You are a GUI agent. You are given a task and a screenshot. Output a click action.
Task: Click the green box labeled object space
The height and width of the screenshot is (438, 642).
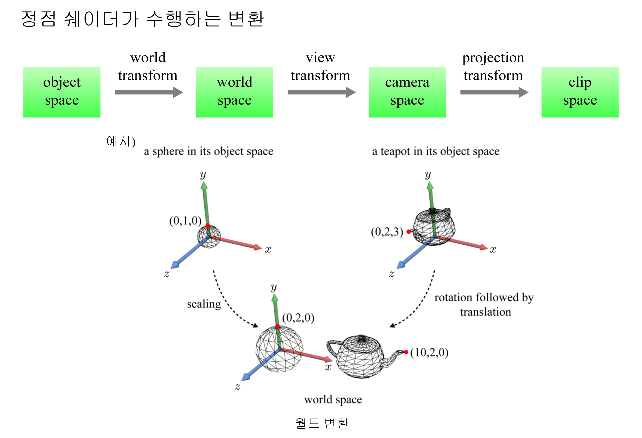[62, 92]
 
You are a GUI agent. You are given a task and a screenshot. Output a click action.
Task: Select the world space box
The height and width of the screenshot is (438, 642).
[235, 92]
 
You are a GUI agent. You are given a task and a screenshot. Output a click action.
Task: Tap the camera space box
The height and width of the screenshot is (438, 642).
[407, 92]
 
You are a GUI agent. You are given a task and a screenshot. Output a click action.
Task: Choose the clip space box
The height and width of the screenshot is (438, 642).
[580, 92]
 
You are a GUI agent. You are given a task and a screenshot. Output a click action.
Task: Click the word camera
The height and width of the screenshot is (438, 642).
[407, 82]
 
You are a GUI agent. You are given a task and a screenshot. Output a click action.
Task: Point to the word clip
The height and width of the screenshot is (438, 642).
[580, 82]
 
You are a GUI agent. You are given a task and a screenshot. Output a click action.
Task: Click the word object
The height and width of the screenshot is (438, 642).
[62, 82]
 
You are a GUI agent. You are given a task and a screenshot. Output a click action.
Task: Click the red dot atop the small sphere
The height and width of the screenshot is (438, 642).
[207, 226]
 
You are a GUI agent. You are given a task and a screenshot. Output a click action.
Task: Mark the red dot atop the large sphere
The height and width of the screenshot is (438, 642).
[278, 326]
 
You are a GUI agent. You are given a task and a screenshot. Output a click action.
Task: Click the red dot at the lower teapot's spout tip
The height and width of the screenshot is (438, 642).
[406, 352]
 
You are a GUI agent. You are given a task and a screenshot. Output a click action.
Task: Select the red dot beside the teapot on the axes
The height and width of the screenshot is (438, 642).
[409, 232]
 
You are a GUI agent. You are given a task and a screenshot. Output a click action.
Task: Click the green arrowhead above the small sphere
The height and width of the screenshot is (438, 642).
[204, 185]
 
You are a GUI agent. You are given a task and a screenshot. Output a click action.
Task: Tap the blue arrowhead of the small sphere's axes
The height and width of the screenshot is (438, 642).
[174, 266]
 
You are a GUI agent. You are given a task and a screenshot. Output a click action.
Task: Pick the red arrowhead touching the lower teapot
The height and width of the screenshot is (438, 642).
[329, 359]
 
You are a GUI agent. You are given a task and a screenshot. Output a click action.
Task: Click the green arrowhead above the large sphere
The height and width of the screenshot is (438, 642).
[275, 297]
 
